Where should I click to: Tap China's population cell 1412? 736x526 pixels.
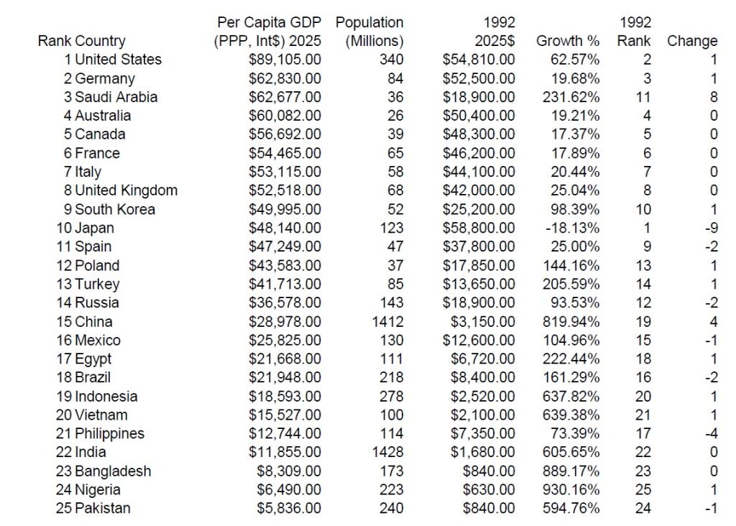(x=388, y=321)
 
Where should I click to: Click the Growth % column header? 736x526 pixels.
(x=568, y=41)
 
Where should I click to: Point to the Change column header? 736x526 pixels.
(x=692, y=41)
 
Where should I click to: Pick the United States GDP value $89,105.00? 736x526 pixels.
(x=285, y=60)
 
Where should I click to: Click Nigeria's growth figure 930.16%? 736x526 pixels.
(x=571, y=489)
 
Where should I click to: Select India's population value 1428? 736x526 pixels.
(x=388, y=452)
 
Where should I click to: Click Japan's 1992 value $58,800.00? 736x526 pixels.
(x=479, y=228)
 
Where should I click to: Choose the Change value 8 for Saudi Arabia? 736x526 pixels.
(x=713, y=97)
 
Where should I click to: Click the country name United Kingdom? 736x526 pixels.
(x=126, y=190)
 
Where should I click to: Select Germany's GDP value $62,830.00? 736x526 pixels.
(x=285, y=78)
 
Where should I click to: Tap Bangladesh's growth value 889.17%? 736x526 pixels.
(x=571, y=471)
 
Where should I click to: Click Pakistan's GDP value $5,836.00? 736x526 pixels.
(x=289, y=508)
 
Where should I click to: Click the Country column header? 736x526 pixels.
(x=100, y=41)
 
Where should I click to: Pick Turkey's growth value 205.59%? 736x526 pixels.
(x=571, y=284)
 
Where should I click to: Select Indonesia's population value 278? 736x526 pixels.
(x=392, y=396)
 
